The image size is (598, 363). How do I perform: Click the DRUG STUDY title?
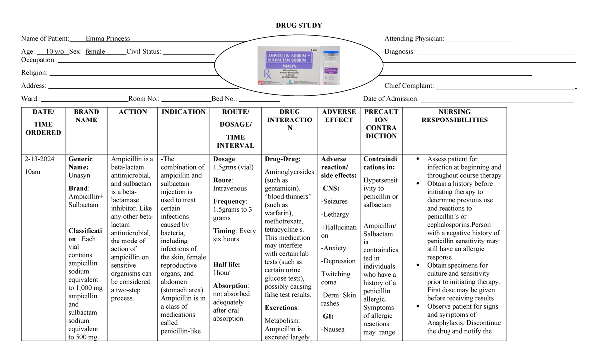(299, 26)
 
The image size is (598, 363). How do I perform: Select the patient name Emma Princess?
(108, 39)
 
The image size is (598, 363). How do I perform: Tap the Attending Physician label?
(414, 39)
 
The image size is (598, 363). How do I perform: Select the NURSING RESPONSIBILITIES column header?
(454, 116)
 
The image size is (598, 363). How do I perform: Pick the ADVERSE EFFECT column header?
(339, 116)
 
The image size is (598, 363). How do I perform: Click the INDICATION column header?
(183, 112)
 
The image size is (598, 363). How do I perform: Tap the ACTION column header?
(133, 112)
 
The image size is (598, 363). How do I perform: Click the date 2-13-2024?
(39, 159)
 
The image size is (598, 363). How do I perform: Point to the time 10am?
(32, 172)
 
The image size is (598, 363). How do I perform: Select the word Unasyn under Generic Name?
(79, 176)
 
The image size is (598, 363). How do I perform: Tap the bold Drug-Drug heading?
(283, 159)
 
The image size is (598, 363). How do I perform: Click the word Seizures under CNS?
(335, 202)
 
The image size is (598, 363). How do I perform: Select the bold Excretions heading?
(282, 308)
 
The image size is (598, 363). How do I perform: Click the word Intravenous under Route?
(230, 189)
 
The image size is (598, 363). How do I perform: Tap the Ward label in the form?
(30, 99)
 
